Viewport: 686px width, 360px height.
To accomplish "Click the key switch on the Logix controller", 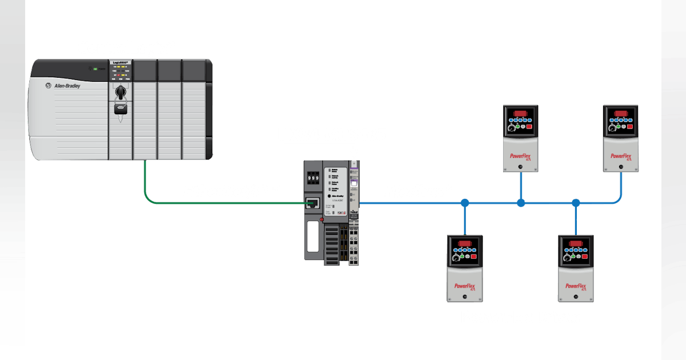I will (120, 92).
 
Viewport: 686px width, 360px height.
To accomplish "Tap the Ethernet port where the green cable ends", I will (313, 203).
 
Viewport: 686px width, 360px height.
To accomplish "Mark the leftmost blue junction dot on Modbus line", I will (465, 203).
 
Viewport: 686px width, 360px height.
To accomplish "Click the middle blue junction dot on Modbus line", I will (521, 203).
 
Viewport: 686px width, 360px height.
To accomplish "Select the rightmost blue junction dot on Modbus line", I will (576, 203).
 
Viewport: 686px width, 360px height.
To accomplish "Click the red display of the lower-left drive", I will (464, 243).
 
